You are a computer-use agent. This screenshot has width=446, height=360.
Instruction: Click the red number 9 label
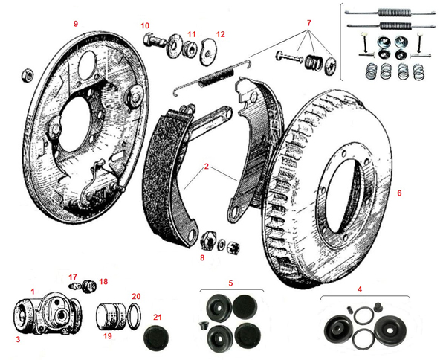[75, 23]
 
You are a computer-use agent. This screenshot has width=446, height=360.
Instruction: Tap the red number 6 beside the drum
[399, 193]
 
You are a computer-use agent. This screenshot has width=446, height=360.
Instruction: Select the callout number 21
[158, 317]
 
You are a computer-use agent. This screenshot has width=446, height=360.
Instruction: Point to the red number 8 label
[202, 258]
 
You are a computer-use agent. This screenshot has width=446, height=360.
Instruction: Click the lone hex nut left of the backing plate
[28, 75]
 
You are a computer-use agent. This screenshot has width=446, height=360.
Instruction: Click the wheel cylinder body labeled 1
[48, 314]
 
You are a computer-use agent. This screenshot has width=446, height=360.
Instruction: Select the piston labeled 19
[111, 317]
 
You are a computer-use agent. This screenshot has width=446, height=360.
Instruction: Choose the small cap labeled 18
[90, 286]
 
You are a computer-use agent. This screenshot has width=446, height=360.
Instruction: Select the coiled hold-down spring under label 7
[314, 61]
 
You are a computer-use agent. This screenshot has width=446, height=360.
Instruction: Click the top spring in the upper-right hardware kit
[390, 13]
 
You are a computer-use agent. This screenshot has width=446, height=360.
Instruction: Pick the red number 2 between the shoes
[207, 166]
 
